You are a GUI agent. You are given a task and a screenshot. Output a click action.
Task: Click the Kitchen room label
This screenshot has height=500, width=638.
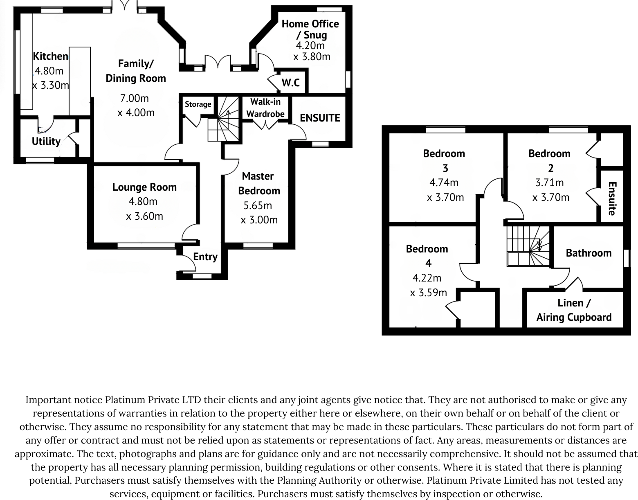point(50,56)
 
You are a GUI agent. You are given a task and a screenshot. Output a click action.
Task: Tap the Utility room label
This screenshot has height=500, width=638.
point(46,141)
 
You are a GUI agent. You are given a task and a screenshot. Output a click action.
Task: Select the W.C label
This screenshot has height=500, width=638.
point(290,83)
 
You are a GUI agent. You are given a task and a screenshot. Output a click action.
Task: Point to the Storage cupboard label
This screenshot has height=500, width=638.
point(198,104)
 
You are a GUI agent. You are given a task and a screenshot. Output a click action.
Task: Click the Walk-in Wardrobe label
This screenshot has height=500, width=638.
point(265,108)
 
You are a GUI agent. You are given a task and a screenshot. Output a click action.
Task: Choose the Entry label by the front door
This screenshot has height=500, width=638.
point(205,257)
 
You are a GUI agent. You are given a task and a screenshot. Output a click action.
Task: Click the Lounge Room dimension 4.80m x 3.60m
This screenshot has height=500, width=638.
point(144,209)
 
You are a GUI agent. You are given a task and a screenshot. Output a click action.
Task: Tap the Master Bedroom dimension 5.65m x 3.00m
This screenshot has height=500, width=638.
point(259,213)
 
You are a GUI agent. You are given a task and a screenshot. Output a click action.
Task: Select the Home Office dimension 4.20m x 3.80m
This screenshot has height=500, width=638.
point(311,51)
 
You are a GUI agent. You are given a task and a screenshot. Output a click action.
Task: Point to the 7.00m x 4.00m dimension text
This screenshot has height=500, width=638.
point(135,105)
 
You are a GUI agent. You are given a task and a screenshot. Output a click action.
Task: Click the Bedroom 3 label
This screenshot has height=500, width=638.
point(444,160)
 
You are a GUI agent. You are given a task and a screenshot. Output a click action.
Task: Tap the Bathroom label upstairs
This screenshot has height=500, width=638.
point(589,253)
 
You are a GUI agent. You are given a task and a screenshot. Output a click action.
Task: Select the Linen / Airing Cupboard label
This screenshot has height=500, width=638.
point(574,310)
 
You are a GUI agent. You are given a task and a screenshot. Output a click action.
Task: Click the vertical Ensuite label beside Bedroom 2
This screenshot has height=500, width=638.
point(612,198)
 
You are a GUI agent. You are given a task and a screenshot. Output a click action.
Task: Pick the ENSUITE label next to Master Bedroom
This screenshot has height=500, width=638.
point(320,118)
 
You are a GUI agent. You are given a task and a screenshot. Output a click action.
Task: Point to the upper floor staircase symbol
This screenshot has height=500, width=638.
point(529,245)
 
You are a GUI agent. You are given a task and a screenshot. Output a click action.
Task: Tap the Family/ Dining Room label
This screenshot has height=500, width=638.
point(136,71)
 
